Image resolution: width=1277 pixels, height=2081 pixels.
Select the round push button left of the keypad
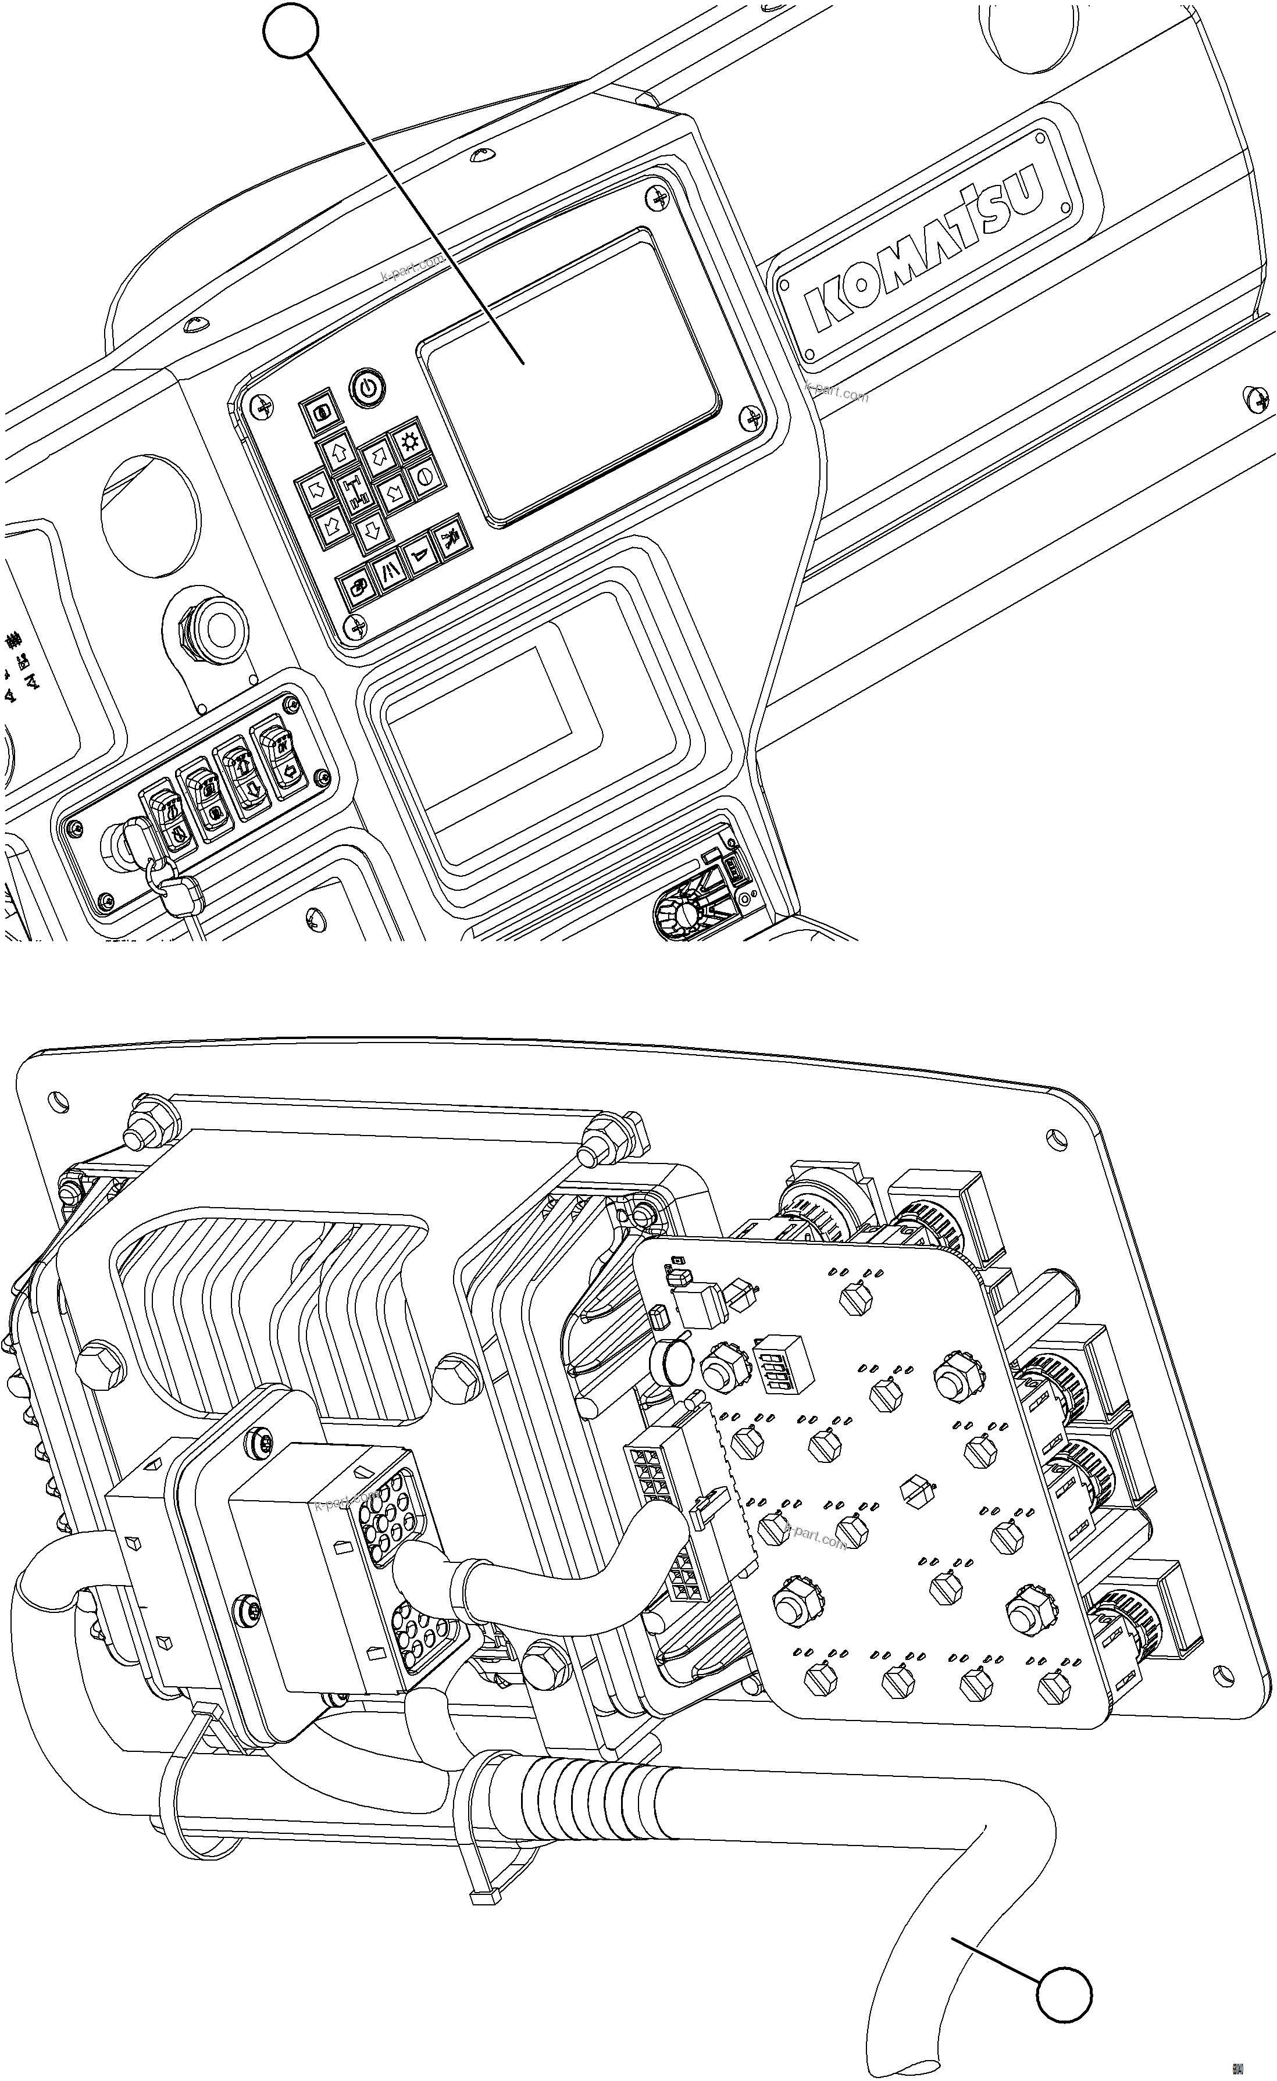click(219, 627)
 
